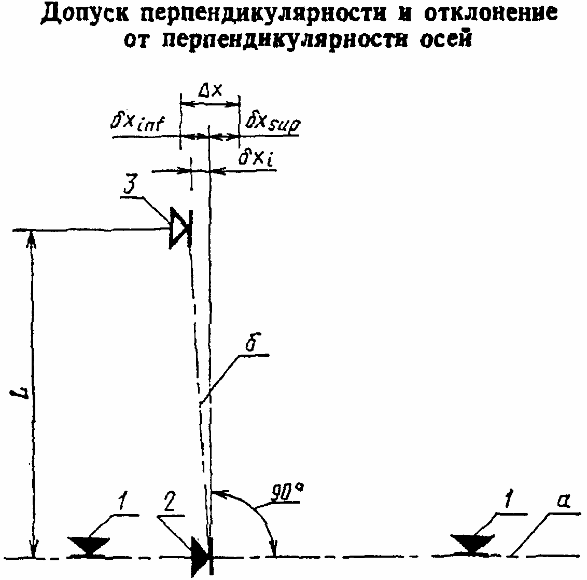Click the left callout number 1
click(122, 503)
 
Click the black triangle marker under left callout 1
click(89, 546)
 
